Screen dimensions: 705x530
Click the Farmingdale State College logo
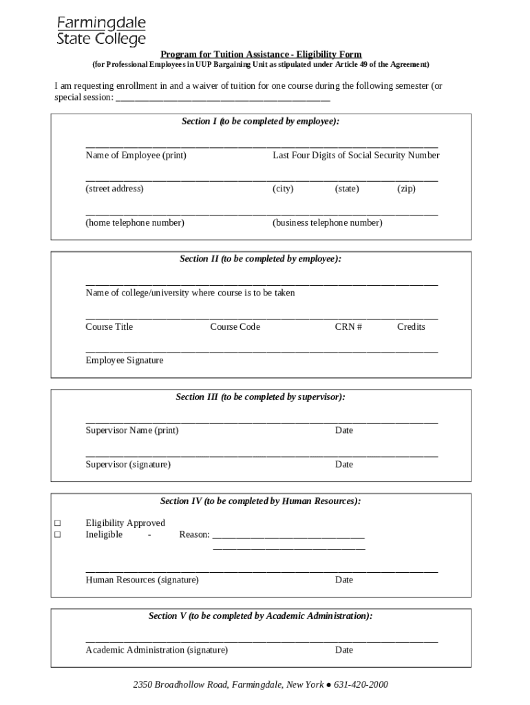(x=101, y=31)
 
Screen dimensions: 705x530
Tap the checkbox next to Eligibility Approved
(x=58, y=523)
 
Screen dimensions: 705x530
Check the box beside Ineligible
(x=58, y=535)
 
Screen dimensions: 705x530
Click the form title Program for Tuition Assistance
(x=261, y=54)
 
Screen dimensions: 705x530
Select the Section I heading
(x=261, y=121)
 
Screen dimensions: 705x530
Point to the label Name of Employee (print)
(x=136, y=156)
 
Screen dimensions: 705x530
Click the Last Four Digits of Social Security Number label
(x=356, y=156)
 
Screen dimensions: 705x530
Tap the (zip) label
(x=406, y=189)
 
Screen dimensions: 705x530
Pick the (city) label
(x=283, y=189)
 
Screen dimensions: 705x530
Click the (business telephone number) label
(x=328, y=223)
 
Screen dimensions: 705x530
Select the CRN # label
(x=348, y=327)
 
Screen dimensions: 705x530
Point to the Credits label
(x=411, y=327)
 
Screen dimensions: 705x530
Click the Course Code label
(x=235, y=327)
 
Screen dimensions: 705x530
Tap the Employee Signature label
(x=125, y=361)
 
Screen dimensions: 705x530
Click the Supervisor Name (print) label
(x=131, y=431)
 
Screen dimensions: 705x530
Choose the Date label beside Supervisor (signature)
(x=344, y=465)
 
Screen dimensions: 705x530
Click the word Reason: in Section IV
(x=194, y=535)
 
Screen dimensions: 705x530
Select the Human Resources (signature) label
(x=142, y=580)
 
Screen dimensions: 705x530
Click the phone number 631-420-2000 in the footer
(x=361, y=685)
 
